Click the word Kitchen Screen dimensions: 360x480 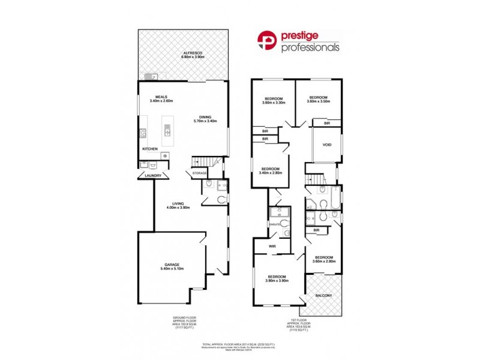[x=149, y=148]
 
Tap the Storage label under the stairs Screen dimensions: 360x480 [x=199, y=173]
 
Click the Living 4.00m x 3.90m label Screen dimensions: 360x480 [x=178, y=205]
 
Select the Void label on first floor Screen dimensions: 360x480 [x=327, y=145]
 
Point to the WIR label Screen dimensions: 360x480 [x=272, y=246]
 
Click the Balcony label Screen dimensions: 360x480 [x=324, y=295]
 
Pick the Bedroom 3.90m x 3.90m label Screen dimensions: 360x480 [x=277, y=278]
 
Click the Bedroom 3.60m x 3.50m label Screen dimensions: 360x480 [x=318, y=100]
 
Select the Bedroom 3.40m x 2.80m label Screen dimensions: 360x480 [x=269, y=171]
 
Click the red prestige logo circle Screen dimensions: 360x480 [x=268, y=41]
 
